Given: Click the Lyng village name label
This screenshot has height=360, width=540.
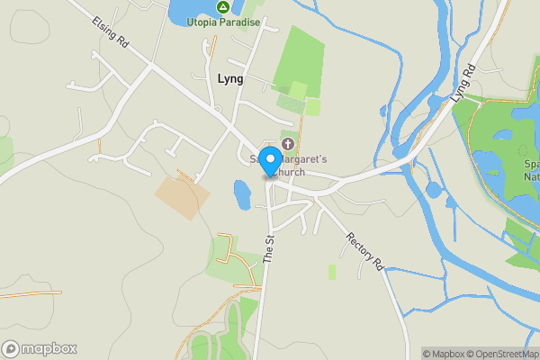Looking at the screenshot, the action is click(x=230, y=78).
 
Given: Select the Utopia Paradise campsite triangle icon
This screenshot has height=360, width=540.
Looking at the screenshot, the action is click(x=222, y=7).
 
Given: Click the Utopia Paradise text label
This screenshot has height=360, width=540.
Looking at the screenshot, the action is click(x=222, y=21).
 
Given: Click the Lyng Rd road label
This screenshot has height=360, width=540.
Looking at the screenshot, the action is click(x=463, y=83).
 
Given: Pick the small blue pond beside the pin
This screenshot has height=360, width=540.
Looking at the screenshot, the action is click(x=241, y=193).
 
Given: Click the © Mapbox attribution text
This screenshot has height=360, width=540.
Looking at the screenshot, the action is click(x=441, y=354).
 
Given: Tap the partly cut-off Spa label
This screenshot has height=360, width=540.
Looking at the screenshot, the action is click(x=531, y=164).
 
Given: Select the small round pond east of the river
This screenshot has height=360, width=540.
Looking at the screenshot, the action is click(x=434, y=190).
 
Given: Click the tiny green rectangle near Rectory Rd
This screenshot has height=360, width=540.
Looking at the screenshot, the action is click(x=331, y=271).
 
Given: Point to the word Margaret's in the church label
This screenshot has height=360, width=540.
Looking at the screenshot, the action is click(x=306, y=159).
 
